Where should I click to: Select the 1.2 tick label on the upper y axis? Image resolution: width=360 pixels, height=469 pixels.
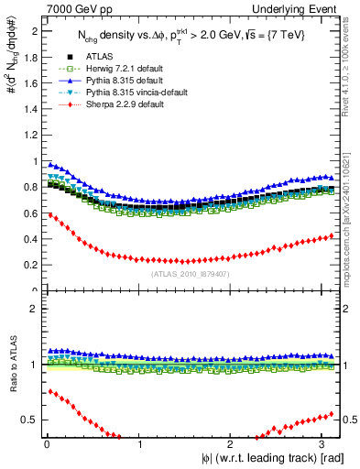click(x=32, y=135)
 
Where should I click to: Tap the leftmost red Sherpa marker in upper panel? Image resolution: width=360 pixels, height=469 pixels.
click(x=49, y=214)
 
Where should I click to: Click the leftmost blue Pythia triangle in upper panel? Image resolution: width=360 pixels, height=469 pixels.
click(x=49, y=164)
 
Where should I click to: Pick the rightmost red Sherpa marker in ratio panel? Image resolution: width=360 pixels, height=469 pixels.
click(x=331, y=414)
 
